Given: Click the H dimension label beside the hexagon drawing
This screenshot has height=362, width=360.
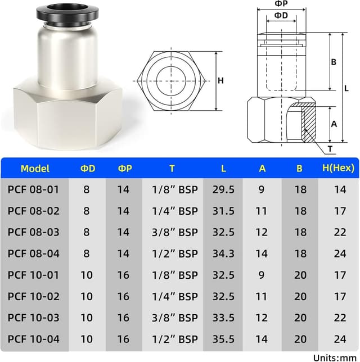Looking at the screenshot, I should point(220,80).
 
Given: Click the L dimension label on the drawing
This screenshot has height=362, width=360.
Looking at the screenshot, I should point(346,88).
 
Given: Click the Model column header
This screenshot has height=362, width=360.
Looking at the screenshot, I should point(35,168).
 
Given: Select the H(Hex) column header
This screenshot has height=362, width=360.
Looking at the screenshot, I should point(340,168).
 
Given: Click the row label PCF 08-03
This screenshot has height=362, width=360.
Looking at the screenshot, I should point(33,232).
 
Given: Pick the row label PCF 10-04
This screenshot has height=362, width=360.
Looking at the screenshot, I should point(33,339).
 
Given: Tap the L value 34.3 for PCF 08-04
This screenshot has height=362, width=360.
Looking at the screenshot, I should point(223,254).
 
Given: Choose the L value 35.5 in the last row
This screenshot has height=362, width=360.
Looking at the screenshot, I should point(223,339).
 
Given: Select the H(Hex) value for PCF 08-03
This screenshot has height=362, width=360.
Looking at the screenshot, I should point(340,232).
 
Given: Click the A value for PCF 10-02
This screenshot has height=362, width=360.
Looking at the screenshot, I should point(262,296).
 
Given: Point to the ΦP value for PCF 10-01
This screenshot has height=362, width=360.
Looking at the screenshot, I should point(123,275).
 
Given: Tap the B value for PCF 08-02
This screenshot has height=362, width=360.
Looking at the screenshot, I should point(300,211).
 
